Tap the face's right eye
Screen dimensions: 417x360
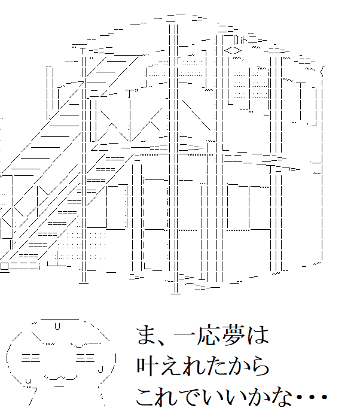tap(84, 358)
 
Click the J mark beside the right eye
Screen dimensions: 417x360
tap(102, 367)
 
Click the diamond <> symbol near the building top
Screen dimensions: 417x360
tap(233, 51)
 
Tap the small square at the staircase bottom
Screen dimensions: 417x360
tap(5, 266)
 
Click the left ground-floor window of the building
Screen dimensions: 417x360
tap(117, 206)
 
